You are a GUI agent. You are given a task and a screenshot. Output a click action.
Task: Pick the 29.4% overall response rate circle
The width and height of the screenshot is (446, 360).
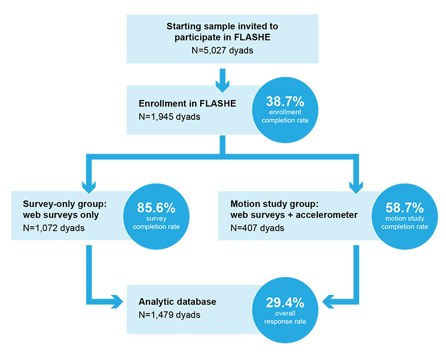[285, 313]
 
